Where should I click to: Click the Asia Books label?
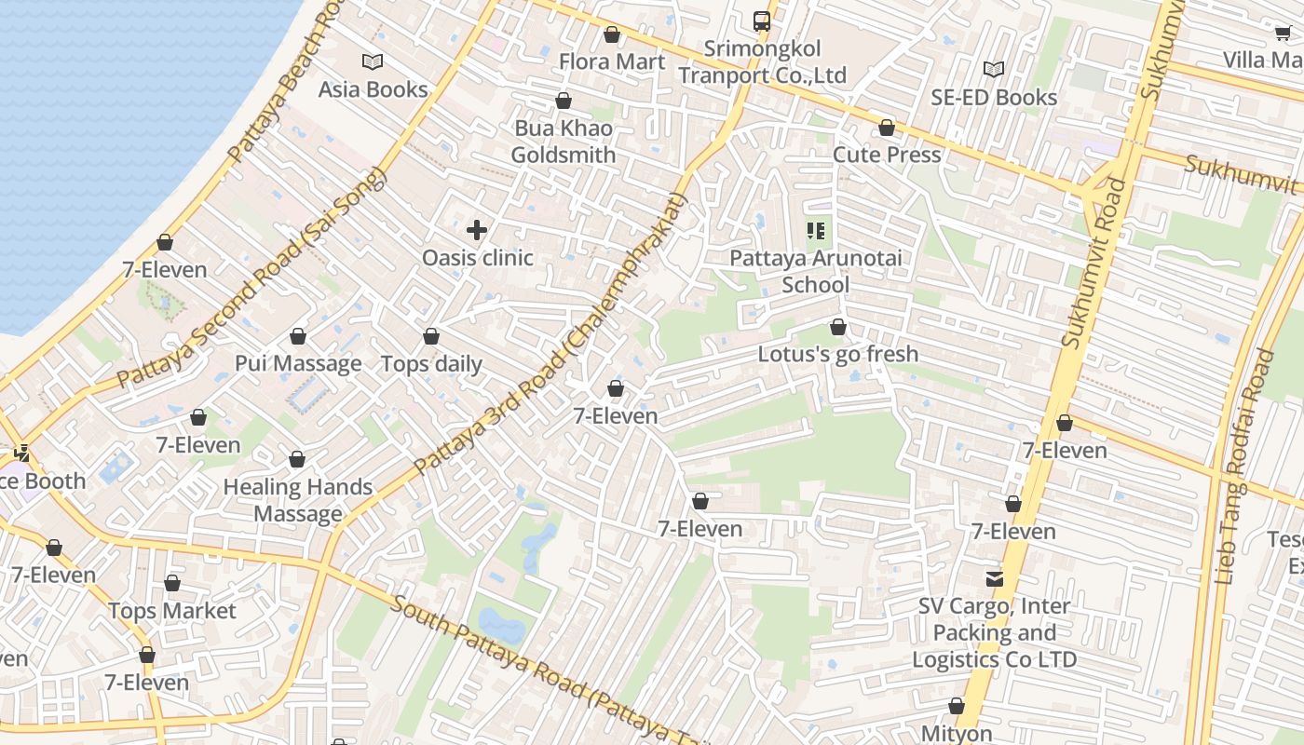(x=373, y=89)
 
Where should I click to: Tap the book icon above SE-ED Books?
(x=994, y=69)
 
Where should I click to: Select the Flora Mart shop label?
(x=612, y=61)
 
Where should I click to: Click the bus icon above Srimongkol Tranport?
(x=761, y=20)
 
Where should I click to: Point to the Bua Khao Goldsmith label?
(x=564, y=142)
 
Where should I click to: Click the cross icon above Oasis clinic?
(x=477, y=230)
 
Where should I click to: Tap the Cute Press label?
(x=887, y=155)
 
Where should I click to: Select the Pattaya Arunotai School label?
(x=816, y=271)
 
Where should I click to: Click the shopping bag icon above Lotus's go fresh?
(x=838, y=327)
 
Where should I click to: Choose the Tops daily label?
(x=431, y=364)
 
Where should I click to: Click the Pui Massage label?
(x=298, y=363)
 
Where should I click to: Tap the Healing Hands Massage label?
(x=298, y=500)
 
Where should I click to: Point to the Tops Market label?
(x=172, y=611)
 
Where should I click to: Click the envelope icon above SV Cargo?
(x=995, y=578)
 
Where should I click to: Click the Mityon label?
(x=957, y=733)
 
